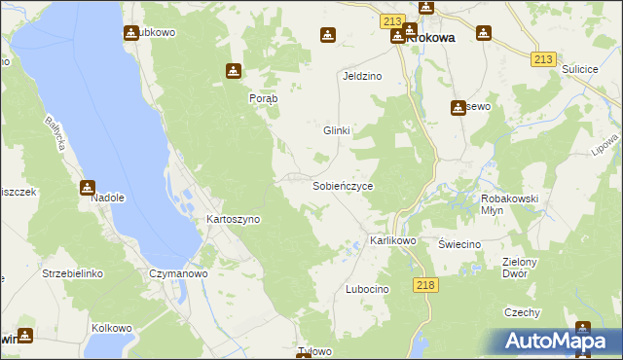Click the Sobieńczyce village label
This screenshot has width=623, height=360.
(342, 185)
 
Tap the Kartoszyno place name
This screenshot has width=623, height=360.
(233, 220)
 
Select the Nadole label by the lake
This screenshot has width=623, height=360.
(108, 198)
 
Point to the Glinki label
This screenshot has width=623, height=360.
(336, 130)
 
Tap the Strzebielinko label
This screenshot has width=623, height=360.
(72, 274)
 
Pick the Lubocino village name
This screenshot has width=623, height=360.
(367, 290)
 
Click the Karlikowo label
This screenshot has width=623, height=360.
(393, 240)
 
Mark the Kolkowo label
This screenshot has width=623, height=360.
(112, 327)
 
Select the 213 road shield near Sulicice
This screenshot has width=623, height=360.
(544, 59)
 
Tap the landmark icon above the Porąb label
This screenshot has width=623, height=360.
(233, 71)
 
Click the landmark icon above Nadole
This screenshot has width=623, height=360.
(88, 187)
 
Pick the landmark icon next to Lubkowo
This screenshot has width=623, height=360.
(131, 32)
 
